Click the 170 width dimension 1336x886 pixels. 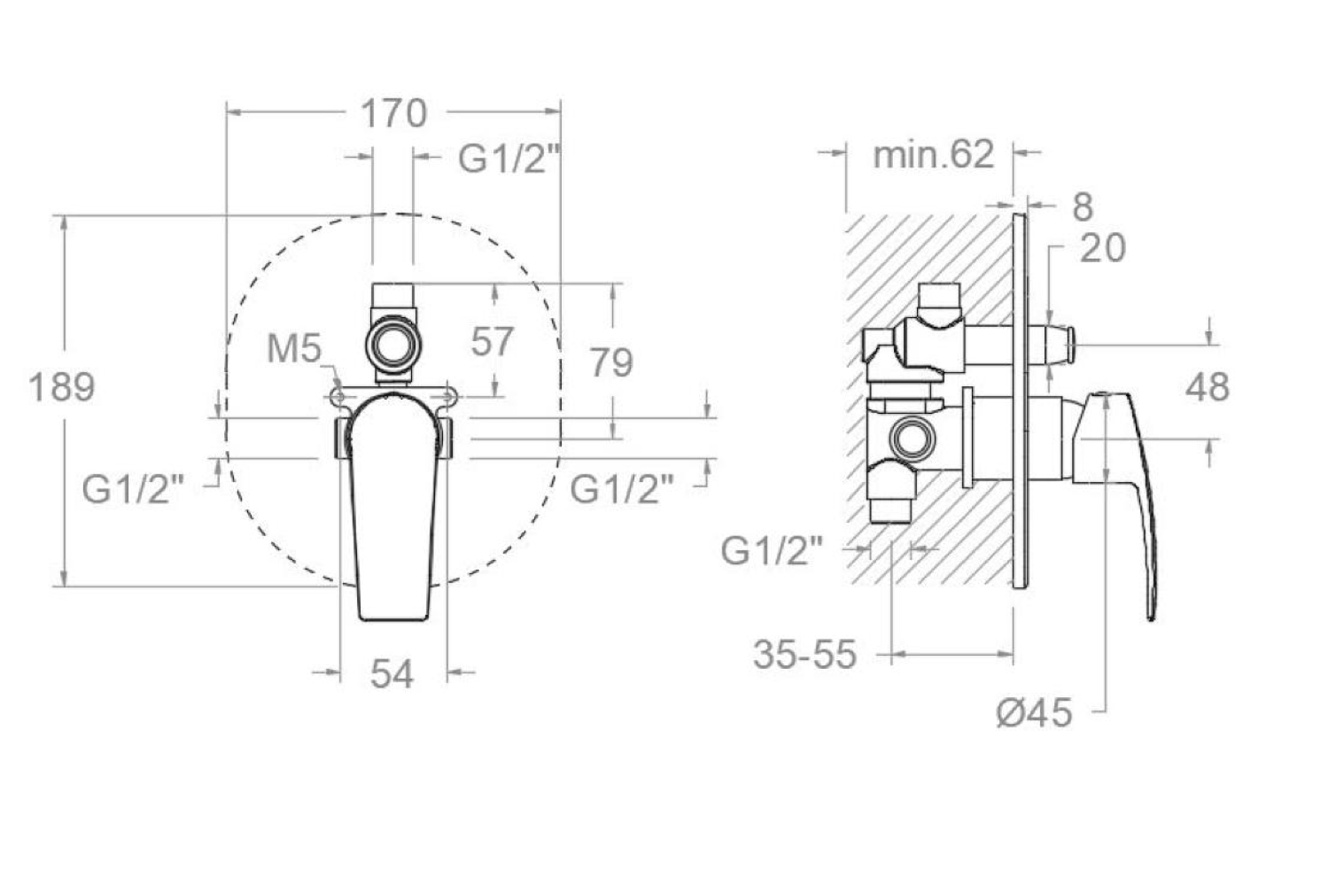click(x=393, y=113)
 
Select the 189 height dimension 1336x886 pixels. click(x=61, y=387)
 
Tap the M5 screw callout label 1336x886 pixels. click(x=294, y=349)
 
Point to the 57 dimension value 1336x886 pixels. click(x=493, y=342)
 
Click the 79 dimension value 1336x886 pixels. click(x=611, y=363)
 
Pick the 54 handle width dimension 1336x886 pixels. click(x=392, y=675)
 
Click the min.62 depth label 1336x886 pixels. click(x=933, y=155)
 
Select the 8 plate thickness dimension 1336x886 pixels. click(x=1083, y=207)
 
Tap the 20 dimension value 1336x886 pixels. click(x=1102, y=249)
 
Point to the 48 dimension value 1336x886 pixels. click(x=1207, y=388)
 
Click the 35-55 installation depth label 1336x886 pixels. click(x=804, y=656)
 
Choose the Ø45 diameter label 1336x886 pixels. click(x=1034, y=712)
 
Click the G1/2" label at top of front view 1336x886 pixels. click(x=509, y=159)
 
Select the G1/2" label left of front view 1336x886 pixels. click(x=133, y=488)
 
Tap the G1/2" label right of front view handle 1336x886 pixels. click(x=621, y=488)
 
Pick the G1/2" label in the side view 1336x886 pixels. click(x=772, y=551)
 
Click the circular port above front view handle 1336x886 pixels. click(x=391, y=344)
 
